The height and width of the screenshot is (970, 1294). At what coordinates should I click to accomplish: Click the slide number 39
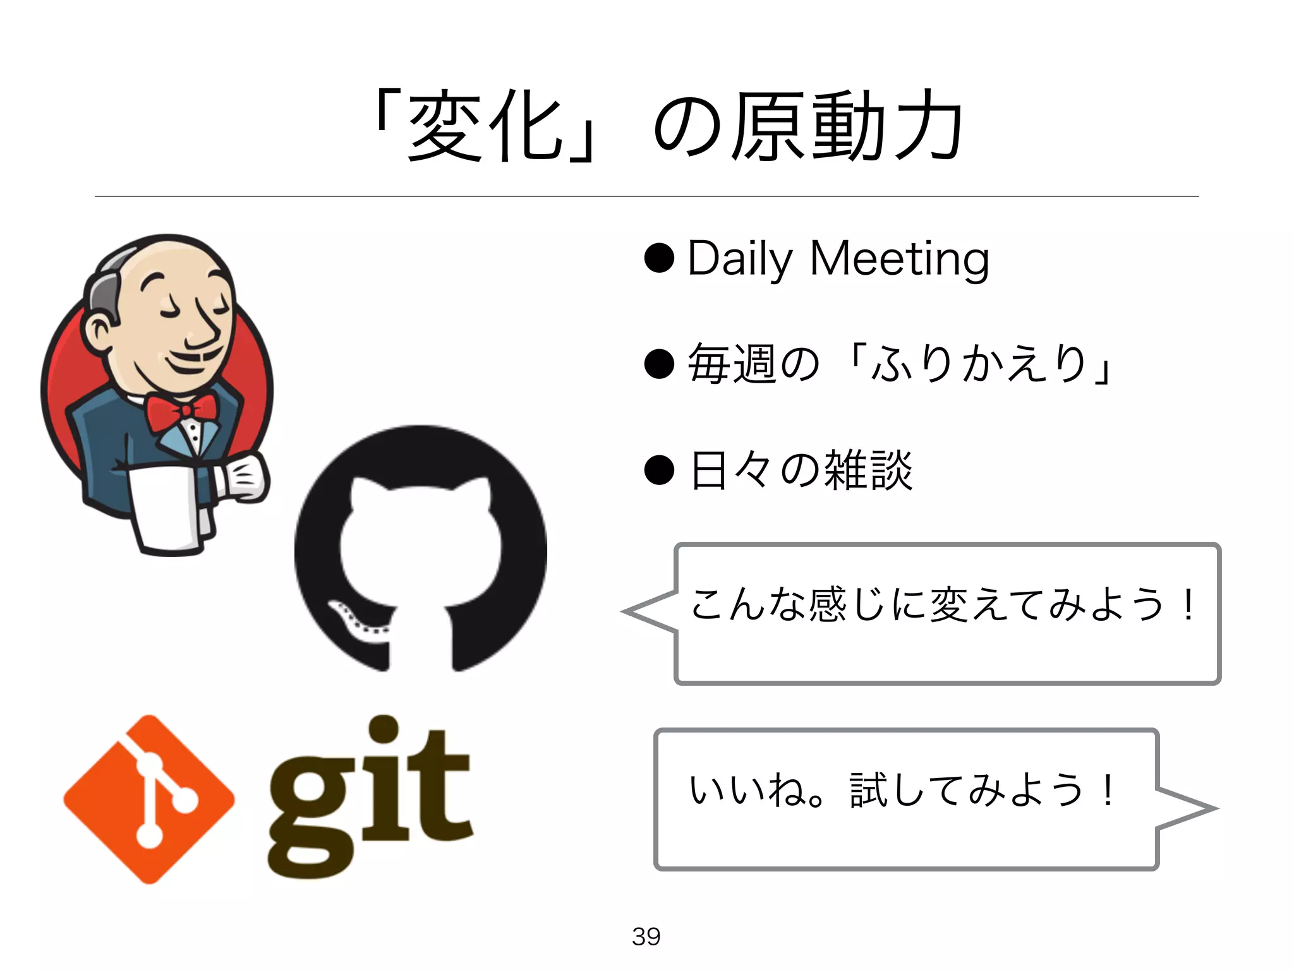point(646,936)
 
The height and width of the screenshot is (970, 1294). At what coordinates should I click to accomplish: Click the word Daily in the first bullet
point(739,259)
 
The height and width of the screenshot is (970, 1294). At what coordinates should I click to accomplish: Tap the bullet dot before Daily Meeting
point(659,258)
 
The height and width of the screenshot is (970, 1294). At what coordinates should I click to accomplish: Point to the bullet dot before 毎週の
point(659,364)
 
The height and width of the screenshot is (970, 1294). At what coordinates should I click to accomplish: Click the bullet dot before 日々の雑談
point(659,470)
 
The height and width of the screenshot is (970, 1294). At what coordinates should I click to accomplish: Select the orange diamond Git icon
point(149,799)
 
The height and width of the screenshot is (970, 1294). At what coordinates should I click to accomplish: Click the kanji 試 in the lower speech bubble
point(868,790)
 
